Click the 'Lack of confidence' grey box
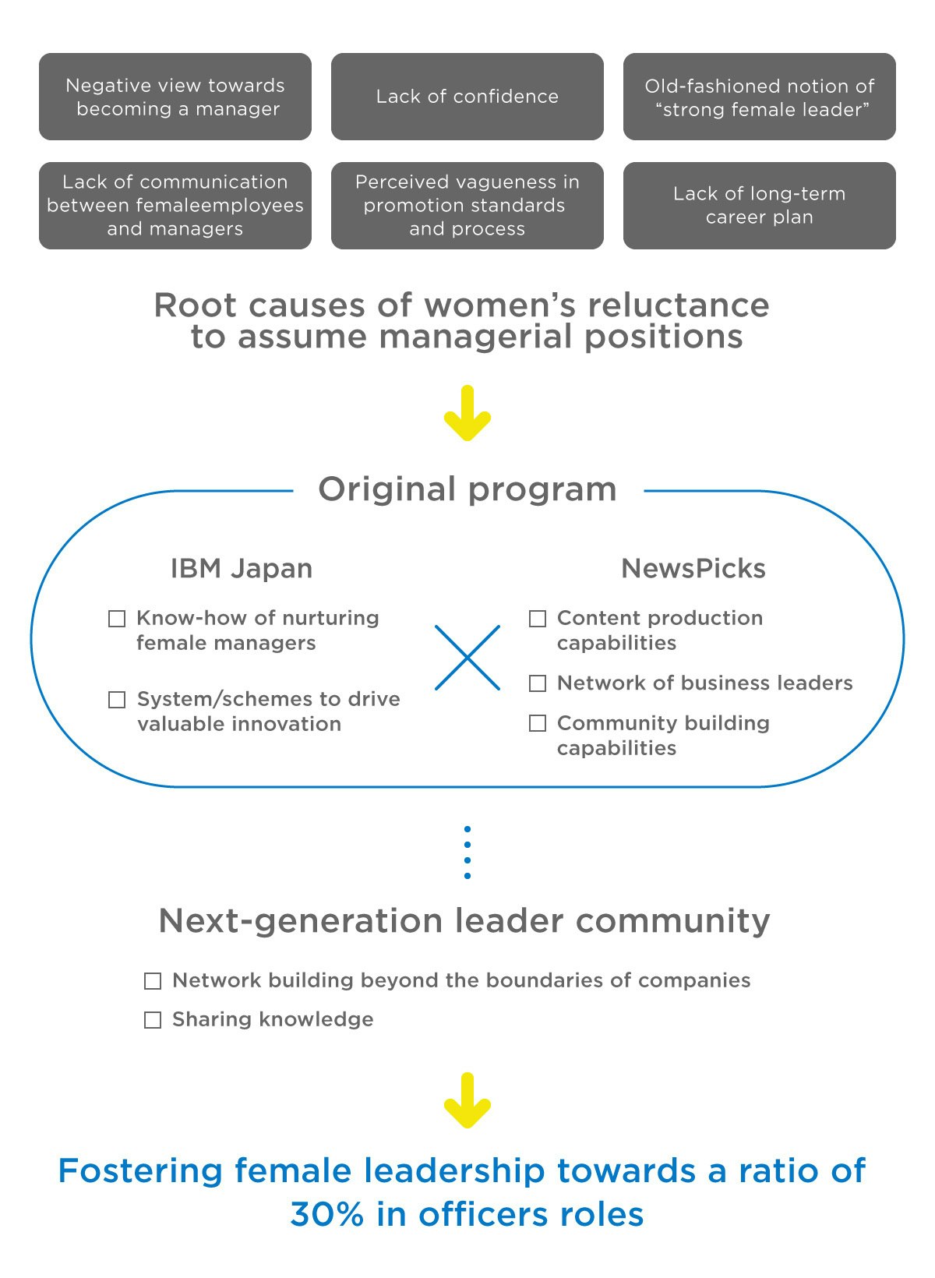[467, 97]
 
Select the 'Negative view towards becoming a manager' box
[175, 97]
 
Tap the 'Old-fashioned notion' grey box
[760, 97]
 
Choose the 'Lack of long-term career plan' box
[760, 206]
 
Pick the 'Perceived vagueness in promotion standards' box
[467, 206]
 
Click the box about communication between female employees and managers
[175, 206]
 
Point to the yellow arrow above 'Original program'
[467, 414]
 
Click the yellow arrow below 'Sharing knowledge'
[467, 1100]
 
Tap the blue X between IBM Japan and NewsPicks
[467, 658]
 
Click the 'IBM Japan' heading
[242, 569]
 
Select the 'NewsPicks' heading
[693, 569]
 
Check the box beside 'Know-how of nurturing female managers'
[117, 619]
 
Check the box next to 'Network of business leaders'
[538, 683]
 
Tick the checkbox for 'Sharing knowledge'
[153, 1020]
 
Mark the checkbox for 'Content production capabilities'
[538, 619]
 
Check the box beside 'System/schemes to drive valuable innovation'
[117, 700]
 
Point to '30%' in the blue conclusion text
[326, 1214]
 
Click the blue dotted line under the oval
[467, 853]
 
